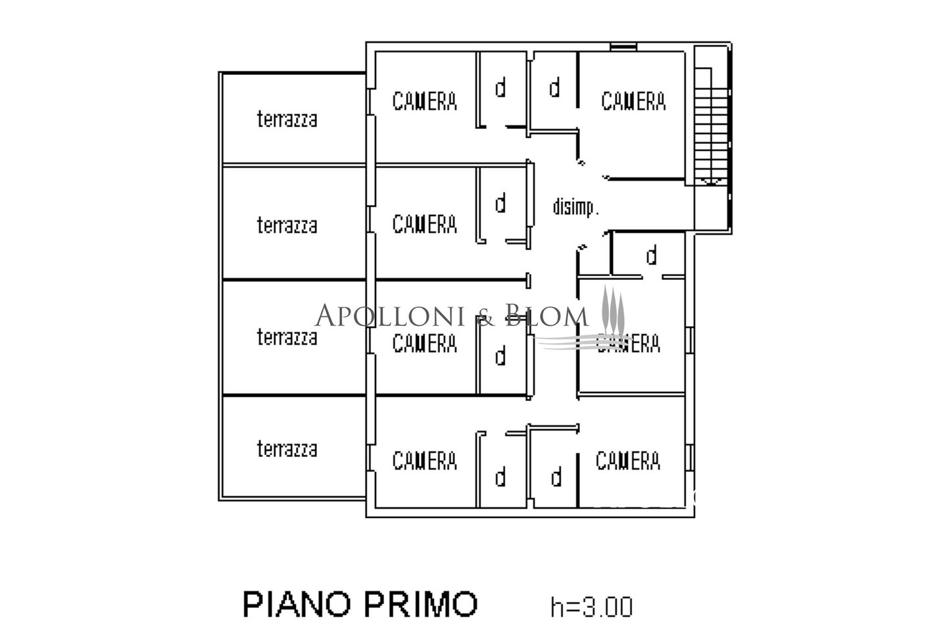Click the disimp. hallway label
[576, 207]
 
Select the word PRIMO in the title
[421, 605]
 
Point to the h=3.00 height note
[591, 607]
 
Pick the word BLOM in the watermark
[546, 315]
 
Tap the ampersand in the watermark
[485, 317]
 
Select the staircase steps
[711, 127]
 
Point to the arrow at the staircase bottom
[712, 181]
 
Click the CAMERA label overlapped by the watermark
[628, 344]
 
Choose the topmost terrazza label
[287, 119]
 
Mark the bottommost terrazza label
[287, 449]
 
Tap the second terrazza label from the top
[287, 225]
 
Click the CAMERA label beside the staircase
[633, 101]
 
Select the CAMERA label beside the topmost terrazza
[424, 101]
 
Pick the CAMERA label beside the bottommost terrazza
[424, 461]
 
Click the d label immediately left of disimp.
[500, 203]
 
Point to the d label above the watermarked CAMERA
[652, 255]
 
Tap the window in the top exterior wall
[623, 47]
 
